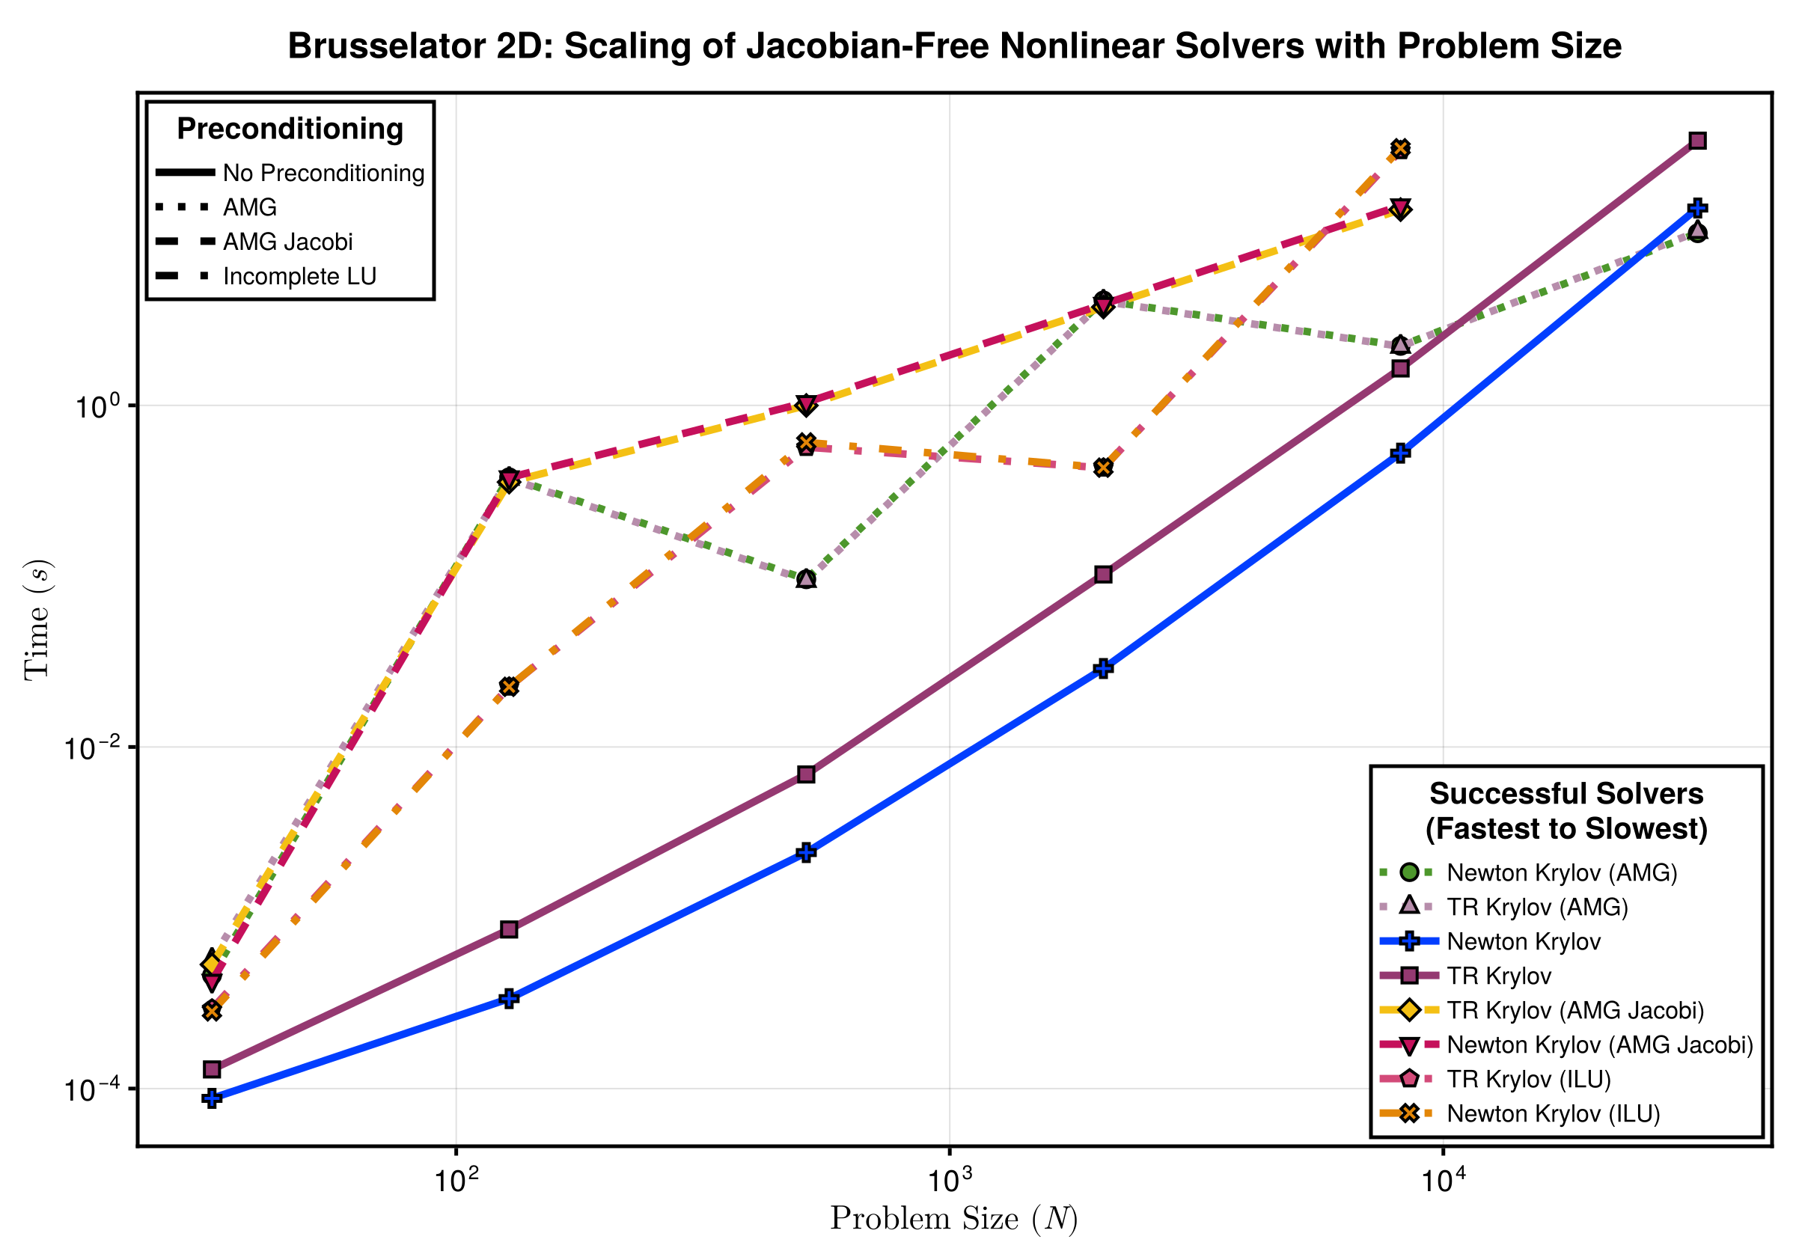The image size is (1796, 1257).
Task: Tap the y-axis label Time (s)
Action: pyautogui.click(x=37, y=620)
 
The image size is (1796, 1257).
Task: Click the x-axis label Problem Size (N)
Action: pyautogui.click(x=953, y=1219)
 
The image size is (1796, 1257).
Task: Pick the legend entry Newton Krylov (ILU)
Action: pyautogui.click(x=1553, y=1113)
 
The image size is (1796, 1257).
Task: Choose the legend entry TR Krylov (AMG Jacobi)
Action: pyautogui.click(x=1574, y=1010)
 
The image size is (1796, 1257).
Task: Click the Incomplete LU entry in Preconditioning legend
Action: pyautogui.click(x=299, y=276)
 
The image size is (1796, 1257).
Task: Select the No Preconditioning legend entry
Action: pyautogui.click(x=323, y=173)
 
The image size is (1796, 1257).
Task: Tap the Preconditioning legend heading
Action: pyautogui.click(x=290, y=129)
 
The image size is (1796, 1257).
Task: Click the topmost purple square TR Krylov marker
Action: pyautogui.click(x=1696, y=141)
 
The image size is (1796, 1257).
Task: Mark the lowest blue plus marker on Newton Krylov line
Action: pyautogui.click(x=211, y=1098)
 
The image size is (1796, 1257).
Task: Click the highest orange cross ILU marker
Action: pyautogui.click(x=1400, y=149)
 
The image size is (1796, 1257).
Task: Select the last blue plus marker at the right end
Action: pyautogui.click(x=1696, y=209)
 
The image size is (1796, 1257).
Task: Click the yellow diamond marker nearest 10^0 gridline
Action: pyautogui.click(x=807, y=406)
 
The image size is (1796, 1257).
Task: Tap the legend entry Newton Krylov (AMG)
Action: pyautogui.click(x=1561, y=872)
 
